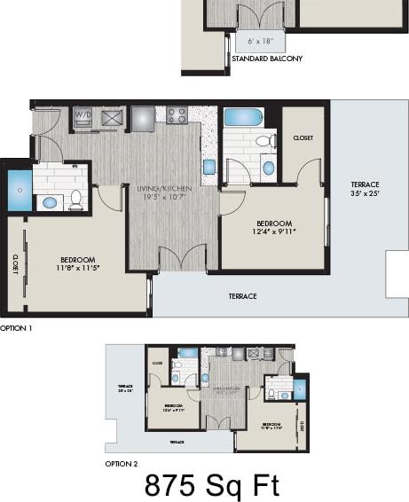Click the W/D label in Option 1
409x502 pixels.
(x=82, y=115)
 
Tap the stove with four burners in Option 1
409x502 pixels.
(x=177, y=115)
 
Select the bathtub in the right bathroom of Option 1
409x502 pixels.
(x=242, y=116)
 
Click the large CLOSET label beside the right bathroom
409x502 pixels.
(x=303, y=138)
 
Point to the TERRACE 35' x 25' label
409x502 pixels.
(x=364, y=189)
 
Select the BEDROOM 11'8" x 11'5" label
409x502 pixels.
(x=79, y=263)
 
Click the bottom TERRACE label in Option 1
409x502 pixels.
(x=242, y=296)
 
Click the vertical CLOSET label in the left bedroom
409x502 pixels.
(x=16, y=263)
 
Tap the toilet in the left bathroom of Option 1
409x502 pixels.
(x=76, y=200)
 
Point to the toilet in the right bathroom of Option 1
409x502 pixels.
(x=263, y=140)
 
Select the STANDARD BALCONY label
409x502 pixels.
(x=266, y=59)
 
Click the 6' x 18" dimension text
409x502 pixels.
(x=260, y=41)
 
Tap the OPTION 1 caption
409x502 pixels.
(x=16, y=327)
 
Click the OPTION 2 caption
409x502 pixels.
(x=122, y=463)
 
